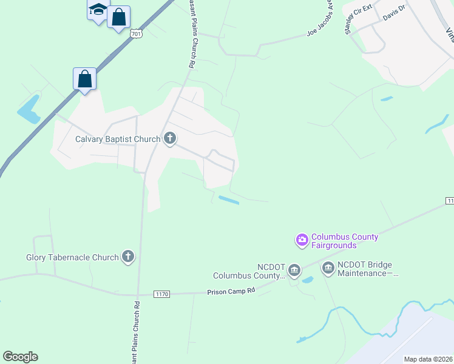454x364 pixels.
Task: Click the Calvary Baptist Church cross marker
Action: coord(169,139)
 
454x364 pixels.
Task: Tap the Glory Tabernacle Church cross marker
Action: coord(128,257)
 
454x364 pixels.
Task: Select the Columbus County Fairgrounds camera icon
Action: coord(302,241)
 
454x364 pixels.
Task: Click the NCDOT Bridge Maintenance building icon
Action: coord(328,268)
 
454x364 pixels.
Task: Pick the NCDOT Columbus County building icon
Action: coord(294,270)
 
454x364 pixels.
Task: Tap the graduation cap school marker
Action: coord(97,10)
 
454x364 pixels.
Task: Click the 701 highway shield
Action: coord(137,34)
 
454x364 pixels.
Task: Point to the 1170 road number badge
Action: coord(161,294)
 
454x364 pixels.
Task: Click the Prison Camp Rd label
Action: coord(231,291)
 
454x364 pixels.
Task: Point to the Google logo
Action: coord(20,357)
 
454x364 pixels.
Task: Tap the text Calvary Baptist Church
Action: coord(118,139)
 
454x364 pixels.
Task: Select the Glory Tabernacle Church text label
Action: coord(72,257)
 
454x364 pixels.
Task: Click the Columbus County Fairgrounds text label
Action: coord(344,241)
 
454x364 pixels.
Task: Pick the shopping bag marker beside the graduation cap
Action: coord(119,17)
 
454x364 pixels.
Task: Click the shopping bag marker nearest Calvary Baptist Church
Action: coord(85,79)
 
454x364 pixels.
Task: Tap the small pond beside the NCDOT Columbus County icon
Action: coord(307,280)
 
